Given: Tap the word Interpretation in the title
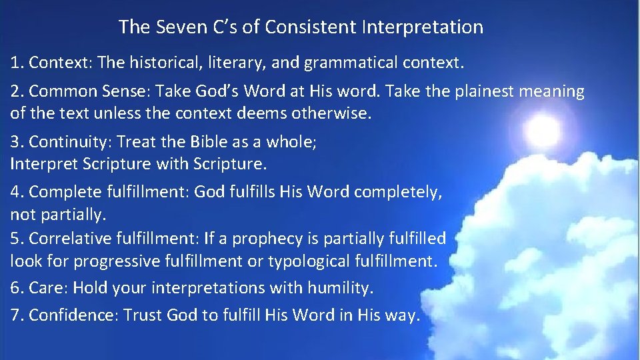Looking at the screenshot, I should click(422, 27).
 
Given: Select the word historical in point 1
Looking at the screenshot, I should click(165, 63).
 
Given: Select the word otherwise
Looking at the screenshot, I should click(331, 113).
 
